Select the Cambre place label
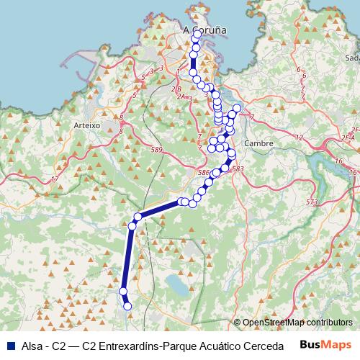tap(258, 143)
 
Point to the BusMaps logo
tap(325, 346)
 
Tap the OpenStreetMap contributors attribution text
tap(297, 323)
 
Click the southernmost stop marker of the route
tap(128, 307)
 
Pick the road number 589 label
tap(158, 150)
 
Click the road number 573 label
tap(312, 202)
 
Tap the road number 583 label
tap(238, 169)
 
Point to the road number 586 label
tap(204, 173)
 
